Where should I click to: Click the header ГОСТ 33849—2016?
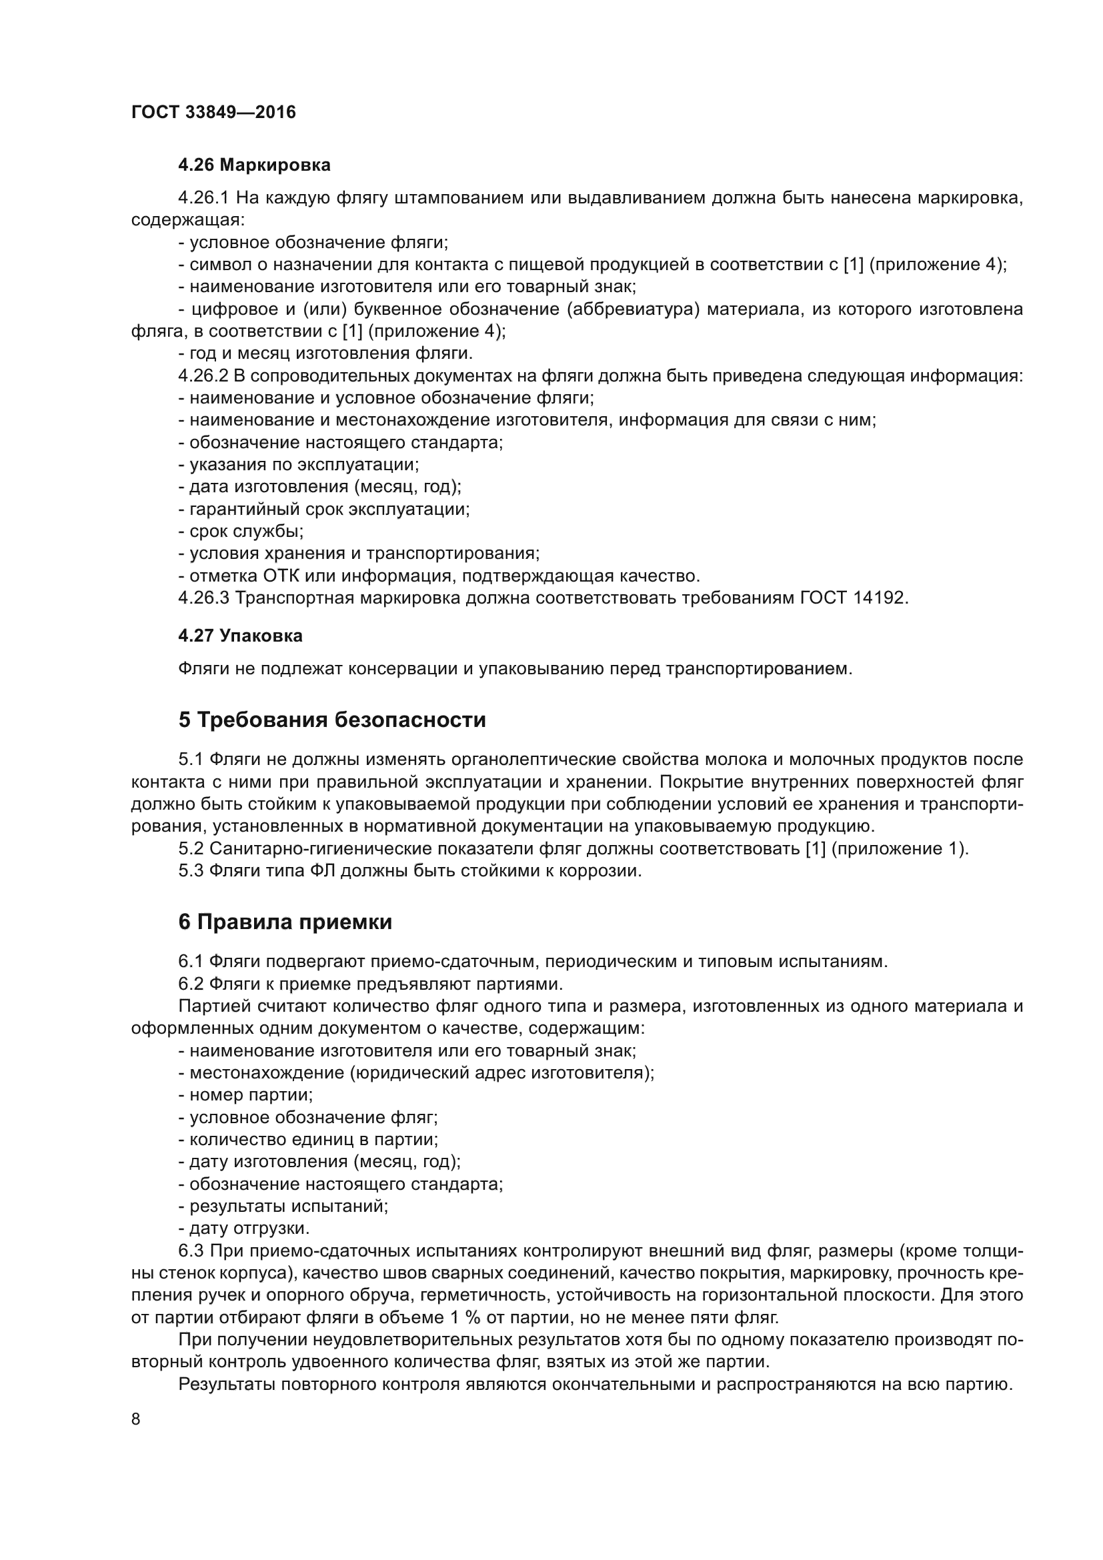tap(213, 113)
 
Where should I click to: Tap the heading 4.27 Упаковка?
tap(240, 636)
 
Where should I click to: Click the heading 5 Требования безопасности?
tap(332, 720)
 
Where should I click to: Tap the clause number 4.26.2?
tap(203, 375)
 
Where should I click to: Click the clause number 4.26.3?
tap(204, 598)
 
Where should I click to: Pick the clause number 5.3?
tap(191, 870)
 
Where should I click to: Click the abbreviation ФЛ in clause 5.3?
tap(323, 870)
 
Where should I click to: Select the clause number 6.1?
tap(191, 962)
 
